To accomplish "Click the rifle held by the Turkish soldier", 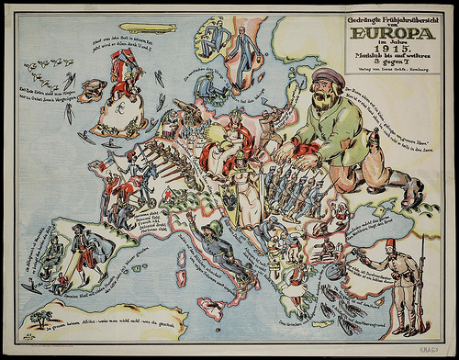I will pos(422,276).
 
